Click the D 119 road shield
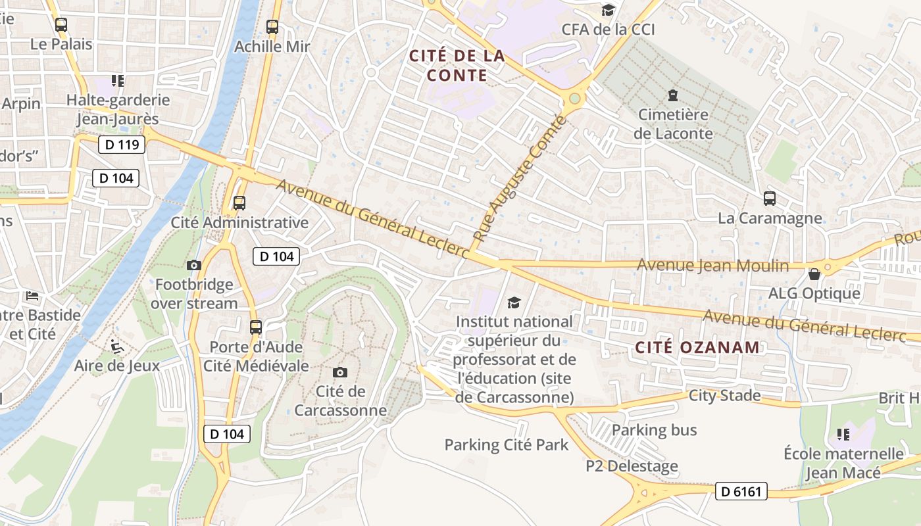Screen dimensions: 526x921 point(122,145)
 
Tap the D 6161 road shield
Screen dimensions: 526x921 point(741,491)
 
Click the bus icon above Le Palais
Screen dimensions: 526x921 point(61,26)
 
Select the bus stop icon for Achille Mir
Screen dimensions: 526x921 point(272,27)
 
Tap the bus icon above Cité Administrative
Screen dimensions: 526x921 point(239,203)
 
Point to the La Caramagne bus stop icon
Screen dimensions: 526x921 point(769,198)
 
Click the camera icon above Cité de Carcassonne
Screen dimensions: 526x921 point(340,373)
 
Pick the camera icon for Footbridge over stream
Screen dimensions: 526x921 point(194,265)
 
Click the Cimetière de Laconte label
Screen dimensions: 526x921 point(673,124)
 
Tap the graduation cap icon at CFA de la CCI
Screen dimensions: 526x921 point(609,10)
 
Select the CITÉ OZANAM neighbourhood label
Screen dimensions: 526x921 point(697,347)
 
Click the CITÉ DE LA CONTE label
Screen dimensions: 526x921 point(457,65)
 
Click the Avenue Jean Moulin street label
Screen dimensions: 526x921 point(713,266)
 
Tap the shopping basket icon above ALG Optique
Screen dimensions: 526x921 point(814,274)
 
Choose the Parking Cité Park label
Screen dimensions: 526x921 point(507,445)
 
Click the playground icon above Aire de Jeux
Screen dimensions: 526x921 point(116,346)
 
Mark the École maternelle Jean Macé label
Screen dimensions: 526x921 point(844,463)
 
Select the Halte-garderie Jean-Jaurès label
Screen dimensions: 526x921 point(118,110)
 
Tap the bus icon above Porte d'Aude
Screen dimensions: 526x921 point(256,327)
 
